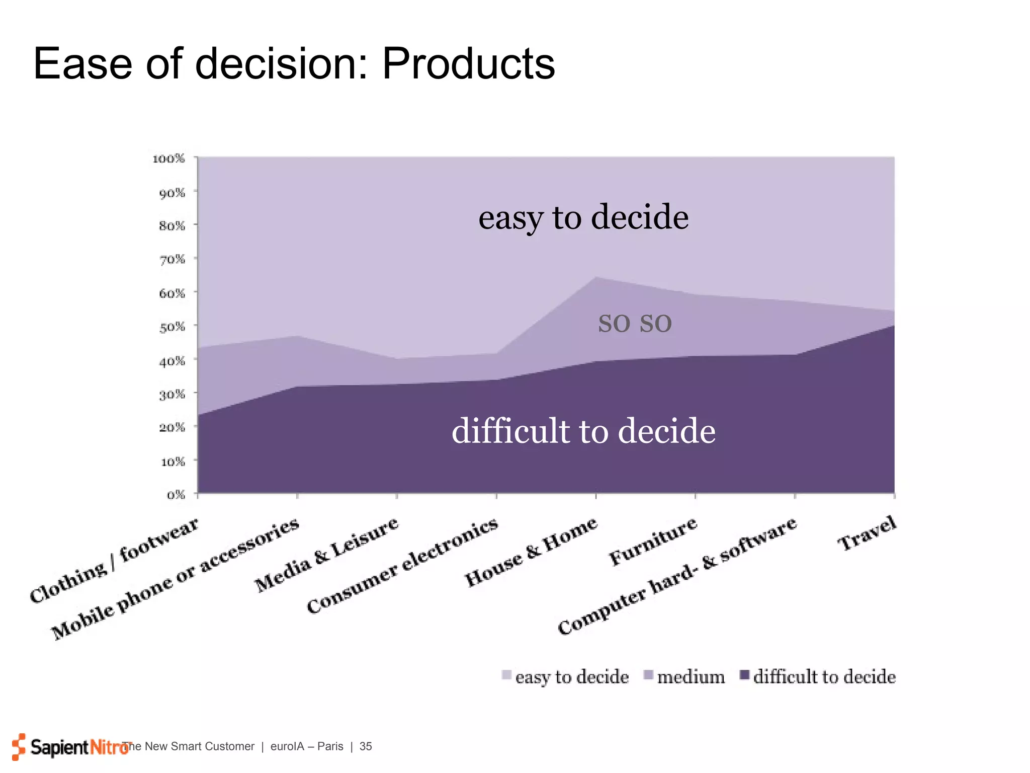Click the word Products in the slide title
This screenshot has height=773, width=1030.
click(x=468, y=64)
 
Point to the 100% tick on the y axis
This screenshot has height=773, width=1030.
click(x=169, y=159)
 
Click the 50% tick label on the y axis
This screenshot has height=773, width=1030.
click(x=172, y=327)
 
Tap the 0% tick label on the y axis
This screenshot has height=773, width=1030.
click(x=176, y=495)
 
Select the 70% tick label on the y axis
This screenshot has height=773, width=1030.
click(x=172, y=259)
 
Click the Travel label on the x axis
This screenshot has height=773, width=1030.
click(x=867, y=533)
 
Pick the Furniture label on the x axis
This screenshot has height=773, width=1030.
click(x=653, y=542)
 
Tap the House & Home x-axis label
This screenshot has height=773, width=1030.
click(x=531, y=552)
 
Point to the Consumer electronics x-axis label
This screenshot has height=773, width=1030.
click(x=402, y=566)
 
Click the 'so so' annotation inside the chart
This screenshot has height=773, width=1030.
click(x=635, y=323)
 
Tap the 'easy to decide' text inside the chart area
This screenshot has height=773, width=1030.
click(x=583, y=217)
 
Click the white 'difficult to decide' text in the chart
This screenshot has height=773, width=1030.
click(x=583, y=431)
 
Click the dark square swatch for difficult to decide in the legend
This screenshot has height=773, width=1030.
click(x=745, y=675)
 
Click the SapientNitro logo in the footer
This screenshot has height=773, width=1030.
click(x=70, y=747)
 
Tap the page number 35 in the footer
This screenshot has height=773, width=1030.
click(x=366, y=746)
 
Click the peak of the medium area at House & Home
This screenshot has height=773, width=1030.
click(x=596, y=277)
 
